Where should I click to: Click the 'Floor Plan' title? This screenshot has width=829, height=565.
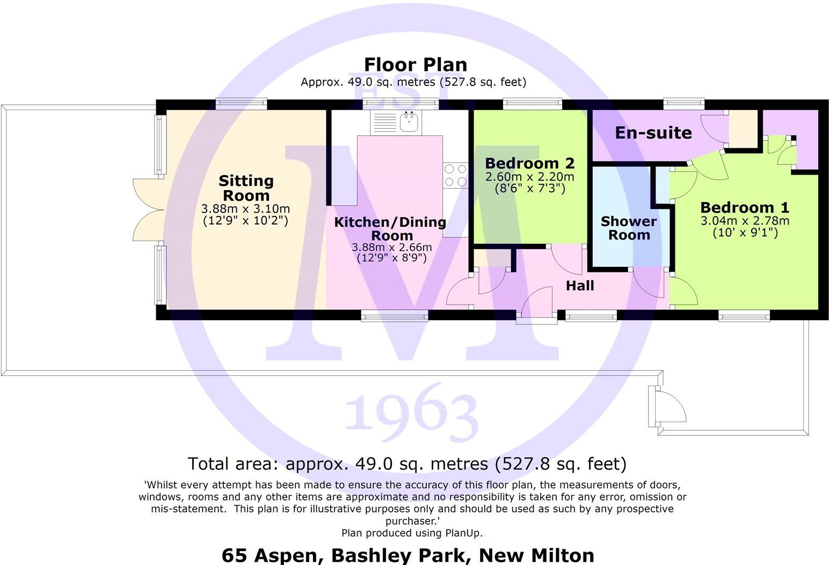[x=415, y=64]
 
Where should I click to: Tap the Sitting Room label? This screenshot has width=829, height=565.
[x=246, y=188]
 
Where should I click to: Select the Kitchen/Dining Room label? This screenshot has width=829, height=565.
[x=390, y=229]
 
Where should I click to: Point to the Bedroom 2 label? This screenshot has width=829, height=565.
[x=529, y=163]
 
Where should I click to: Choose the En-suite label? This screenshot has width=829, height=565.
[x=653, y=133]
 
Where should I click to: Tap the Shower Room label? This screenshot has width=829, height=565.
[x=629, y=228]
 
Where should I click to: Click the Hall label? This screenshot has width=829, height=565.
[x=580, y=285]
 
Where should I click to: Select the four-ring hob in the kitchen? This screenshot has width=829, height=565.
[x=455, y=176]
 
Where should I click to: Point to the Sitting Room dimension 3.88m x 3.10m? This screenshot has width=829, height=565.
[x=245, y=209]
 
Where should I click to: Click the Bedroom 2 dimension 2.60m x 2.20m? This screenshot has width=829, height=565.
[x=529, y=177]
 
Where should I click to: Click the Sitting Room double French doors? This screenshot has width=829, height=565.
[x=148, y=209]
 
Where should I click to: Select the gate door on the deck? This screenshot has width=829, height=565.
[x=668, y=407]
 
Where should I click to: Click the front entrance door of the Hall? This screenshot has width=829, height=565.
[x=537, y=306]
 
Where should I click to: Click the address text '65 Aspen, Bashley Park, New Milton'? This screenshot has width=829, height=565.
[x=408, y=555]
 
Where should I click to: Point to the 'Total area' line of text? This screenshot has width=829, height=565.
[x=407, y=463]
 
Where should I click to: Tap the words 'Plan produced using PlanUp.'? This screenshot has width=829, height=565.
[x=412, y=533]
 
